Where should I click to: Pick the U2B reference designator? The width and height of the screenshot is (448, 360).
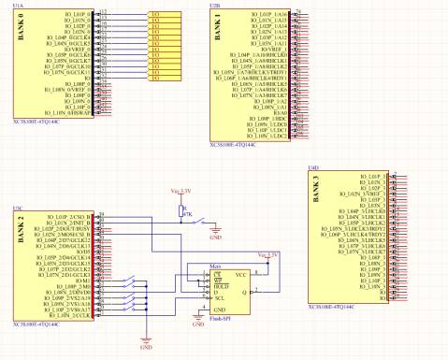(x=216, y=5)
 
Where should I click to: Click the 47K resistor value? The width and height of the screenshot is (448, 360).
(x=187, y=214)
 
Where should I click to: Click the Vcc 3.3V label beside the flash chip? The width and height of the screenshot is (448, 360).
(x=267, y=254)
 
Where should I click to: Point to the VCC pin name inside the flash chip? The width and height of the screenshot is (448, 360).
(x=240, y=275)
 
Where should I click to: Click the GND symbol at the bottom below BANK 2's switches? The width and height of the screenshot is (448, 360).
(x=146, y=345)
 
